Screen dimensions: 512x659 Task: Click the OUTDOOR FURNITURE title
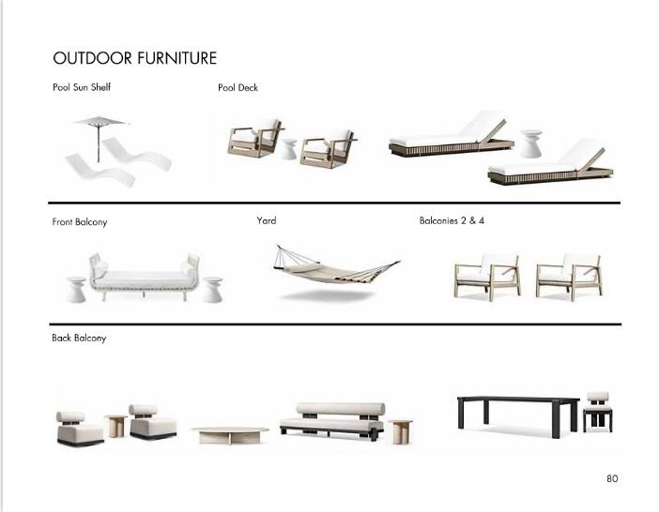click(x=134, y=58)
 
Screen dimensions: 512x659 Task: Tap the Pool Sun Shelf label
click(x=82, y=87)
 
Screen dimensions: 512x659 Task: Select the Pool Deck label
click(x=238, y=87)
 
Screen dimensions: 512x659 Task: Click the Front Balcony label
click(x=80, y=222)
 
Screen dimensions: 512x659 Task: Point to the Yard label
click(x=267, y=220)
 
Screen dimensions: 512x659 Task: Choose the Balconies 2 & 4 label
click(x=452, y=220)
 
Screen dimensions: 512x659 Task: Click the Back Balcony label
click(x=79, y=338)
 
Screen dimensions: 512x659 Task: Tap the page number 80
click(x=612, y=478)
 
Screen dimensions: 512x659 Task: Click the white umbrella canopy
click(x=100, y=120)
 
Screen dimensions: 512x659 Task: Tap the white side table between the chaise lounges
click(x=531, y=143)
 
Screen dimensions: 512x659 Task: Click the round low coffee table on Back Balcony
click(x=230, y=433)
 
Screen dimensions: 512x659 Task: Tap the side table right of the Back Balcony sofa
click(x=400, y=430)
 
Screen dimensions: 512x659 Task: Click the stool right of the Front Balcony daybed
click(x=213, y=288)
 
